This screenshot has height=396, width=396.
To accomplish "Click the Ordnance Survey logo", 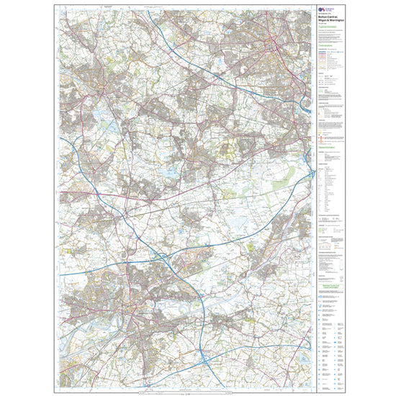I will [x=320, y=9].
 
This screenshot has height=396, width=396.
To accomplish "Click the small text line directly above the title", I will [x=325, y=14].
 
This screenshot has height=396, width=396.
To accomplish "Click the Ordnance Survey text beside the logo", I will [x=330, y=9].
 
